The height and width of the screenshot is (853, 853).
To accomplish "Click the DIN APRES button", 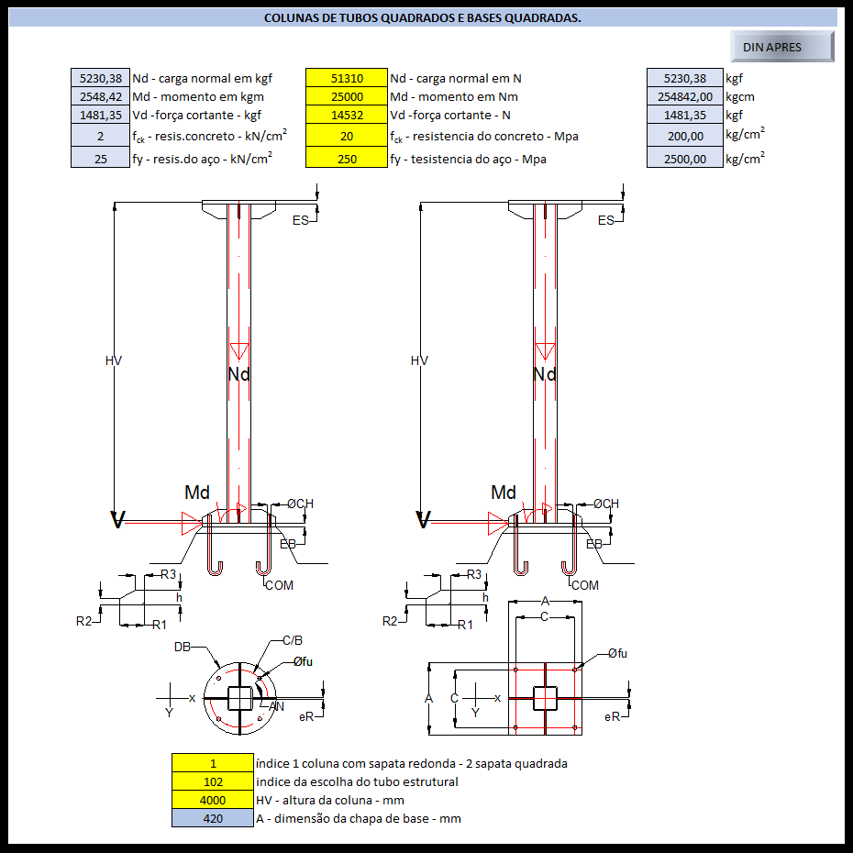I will pos(781,47).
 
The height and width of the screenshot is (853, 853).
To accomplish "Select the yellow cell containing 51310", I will pos(346,79).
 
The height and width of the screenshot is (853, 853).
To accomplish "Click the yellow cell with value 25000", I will pos(346,97).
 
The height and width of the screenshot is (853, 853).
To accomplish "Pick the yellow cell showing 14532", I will pos(346,116).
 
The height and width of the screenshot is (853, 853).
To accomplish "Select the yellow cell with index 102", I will pos(213,781).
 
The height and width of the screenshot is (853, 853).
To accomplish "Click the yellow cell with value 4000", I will pos(213,800).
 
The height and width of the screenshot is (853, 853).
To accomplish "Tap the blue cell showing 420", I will pos(213,818).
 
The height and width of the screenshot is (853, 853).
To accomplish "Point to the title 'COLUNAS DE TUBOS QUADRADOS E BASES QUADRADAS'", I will pos(422,18).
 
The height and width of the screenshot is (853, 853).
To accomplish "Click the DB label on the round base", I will pos(183,647).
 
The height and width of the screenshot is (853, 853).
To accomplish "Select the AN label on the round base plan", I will pos(277,706).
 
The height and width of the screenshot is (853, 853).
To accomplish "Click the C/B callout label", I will pos(293,640).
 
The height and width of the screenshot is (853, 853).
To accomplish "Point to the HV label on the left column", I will pos(114,360).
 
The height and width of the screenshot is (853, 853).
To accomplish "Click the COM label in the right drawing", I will pos(584,585).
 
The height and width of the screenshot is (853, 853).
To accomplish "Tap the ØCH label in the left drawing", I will pos(300,504).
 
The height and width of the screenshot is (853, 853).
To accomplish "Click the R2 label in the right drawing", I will pos(390,621).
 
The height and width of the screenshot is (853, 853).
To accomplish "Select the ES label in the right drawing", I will pos(605,220).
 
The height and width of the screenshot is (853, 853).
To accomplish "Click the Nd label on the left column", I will pos(238,373).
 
